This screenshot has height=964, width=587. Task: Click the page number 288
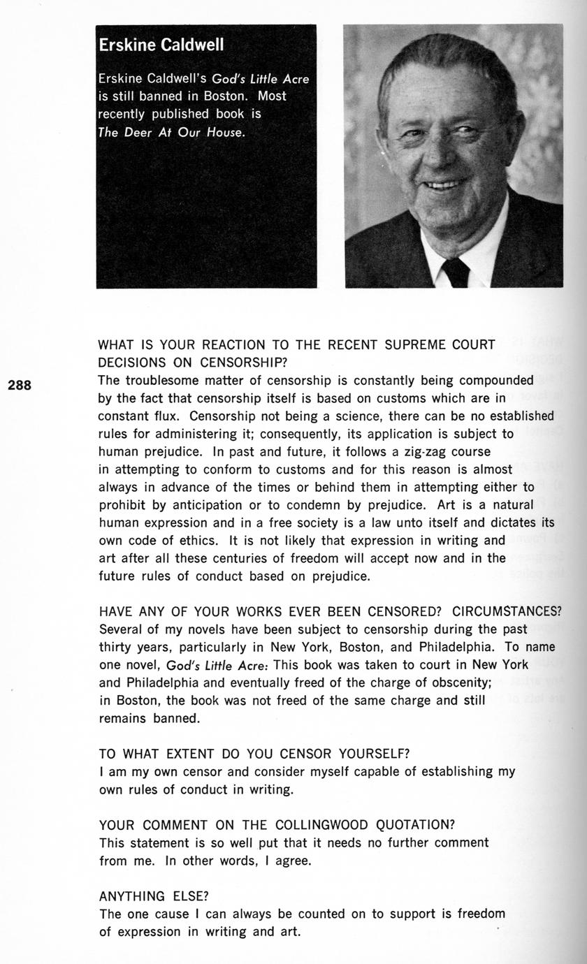[20, 385]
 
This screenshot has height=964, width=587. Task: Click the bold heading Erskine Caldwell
[161, 45]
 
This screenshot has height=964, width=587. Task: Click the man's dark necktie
[456, 272]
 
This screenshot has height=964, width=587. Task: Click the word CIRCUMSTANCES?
[507, 612]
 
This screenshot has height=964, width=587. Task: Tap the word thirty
[118, 648]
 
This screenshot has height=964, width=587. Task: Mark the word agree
[292, 861]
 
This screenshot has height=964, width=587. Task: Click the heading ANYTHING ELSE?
[154, 896]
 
